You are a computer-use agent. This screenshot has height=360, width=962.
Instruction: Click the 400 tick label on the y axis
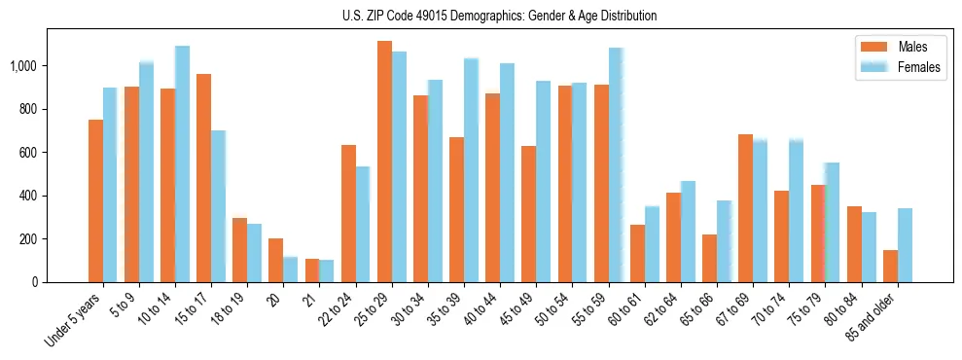[29, 196]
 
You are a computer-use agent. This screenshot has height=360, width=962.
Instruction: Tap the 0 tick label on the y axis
[36, 282]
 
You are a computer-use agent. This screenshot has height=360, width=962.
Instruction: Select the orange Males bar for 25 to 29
[384, 162]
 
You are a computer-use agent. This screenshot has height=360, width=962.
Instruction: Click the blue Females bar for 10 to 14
[182, 163]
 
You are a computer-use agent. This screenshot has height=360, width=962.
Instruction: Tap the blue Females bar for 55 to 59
[615, 164]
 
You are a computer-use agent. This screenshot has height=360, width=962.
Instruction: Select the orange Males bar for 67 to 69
[745, 208]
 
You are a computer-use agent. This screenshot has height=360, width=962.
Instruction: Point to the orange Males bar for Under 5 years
[95, 200]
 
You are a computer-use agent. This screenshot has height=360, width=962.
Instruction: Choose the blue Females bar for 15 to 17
[218, 206]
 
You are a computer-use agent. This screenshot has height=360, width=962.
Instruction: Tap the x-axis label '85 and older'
[873, 318]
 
